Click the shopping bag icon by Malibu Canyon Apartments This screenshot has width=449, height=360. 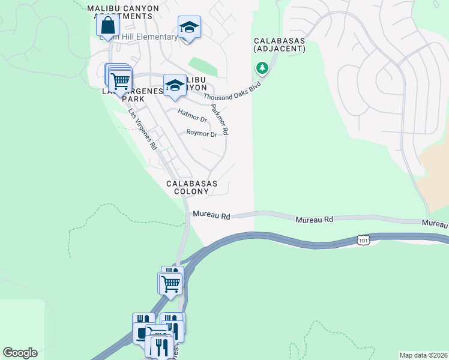point(107,26)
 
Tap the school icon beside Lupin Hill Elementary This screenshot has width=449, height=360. point(188,27)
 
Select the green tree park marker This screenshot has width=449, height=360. point(262,68)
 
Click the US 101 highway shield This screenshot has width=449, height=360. point(363,240)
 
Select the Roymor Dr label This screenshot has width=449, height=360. point(201,134)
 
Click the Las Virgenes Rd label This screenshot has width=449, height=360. point(142,129)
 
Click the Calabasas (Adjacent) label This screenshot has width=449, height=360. point(279,44)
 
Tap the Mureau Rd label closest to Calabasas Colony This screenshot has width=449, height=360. point(211,214)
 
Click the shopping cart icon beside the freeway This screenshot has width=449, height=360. point(170,283)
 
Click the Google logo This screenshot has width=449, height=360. point(20,353)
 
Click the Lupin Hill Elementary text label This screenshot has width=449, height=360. point(144,37)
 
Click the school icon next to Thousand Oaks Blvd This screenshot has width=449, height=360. point(175,85)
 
